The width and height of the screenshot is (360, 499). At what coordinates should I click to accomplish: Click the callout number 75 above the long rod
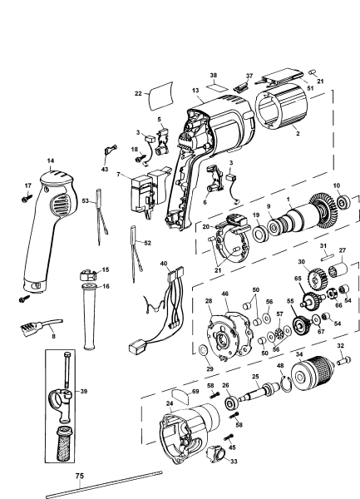click(x=80, y=477)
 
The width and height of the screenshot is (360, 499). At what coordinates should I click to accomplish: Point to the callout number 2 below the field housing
click(x=298, y=132)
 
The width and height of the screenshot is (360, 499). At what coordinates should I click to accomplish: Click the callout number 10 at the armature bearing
click(x=337, y=185)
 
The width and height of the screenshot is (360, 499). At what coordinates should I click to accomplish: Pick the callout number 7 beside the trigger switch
click(x=119, y=174)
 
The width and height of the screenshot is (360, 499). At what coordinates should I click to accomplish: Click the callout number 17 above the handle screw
click(x=27, y=185)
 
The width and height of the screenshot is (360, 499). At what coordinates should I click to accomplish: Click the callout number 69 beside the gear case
click(x=195, y=391)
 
